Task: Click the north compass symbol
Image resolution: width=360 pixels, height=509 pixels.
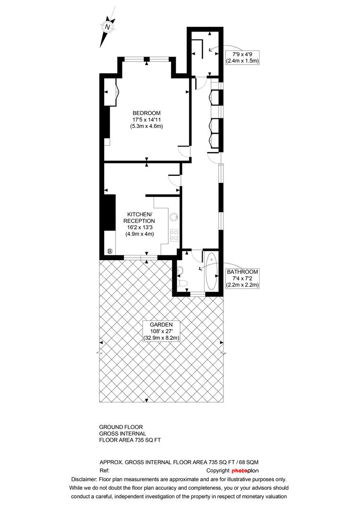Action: (107, 26)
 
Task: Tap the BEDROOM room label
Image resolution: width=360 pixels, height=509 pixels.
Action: (147, 113)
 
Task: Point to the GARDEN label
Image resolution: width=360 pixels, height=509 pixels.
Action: (161, 325)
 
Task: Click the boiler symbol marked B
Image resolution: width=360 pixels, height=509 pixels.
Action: (110, 251)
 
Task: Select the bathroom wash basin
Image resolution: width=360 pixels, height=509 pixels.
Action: (180, 270)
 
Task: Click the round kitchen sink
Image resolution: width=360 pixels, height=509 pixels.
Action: (174, 216)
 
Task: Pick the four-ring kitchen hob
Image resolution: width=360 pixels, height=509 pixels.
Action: (174, 235)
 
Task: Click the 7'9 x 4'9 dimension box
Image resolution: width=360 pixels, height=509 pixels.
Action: (242, 57)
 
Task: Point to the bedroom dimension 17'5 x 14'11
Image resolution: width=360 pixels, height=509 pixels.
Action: (147, 120)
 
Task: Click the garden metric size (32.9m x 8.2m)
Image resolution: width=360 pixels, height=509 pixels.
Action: (161, 338)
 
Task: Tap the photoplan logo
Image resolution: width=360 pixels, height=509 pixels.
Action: (245, 471)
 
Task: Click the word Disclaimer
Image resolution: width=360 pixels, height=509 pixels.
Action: (84, 479)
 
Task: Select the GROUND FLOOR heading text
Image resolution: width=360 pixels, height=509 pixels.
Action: (121, 427)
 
